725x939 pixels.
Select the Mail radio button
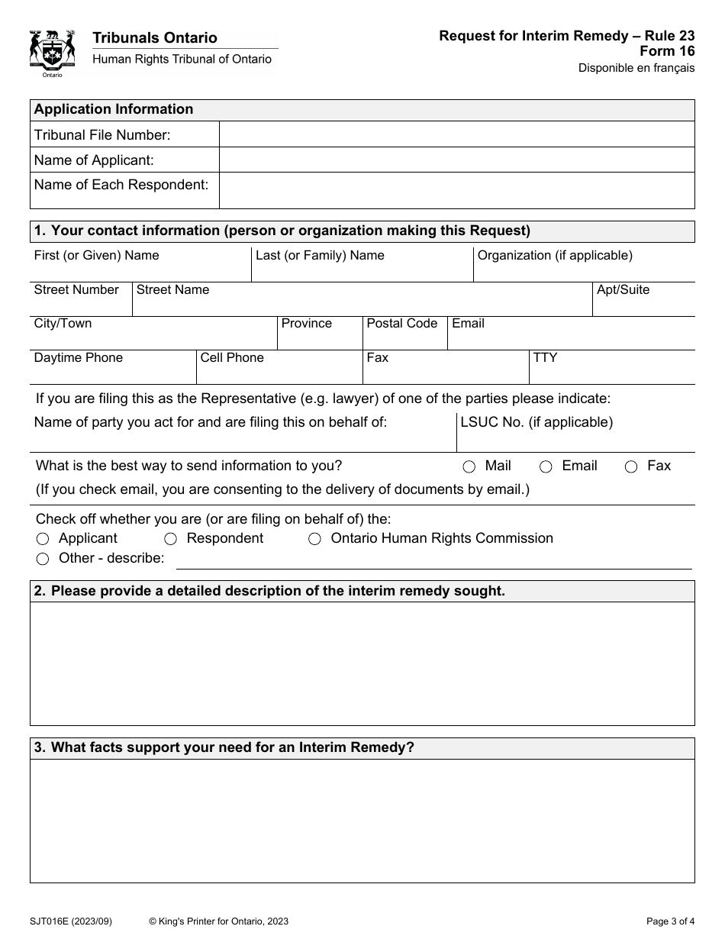[x=469, y=467]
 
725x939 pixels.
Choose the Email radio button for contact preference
[x=546, y=467]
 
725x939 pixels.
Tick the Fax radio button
[x=631, y=467]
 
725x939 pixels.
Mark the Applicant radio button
[x=43, y=539]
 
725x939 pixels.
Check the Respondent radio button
[x=171, y=539]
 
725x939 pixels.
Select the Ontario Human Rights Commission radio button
[x=314, y=539]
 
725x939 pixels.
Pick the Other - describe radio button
[x=43, y=559]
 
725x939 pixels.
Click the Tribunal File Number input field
[x=456, y=134]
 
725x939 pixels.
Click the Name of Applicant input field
[x=456, y=160]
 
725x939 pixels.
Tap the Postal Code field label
[x=402, y=324]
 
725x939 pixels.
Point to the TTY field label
[x=545, y=357]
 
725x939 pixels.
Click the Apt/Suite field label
[x=623, y=290]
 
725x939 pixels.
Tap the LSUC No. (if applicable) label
[x=536, y=422]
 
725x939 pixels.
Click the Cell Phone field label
[x=232, y=357]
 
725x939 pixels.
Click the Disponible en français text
[x=636, y=68]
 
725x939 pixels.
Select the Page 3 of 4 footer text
[x=666, y=921]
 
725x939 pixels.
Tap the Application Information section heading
[x=114, y=109]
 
